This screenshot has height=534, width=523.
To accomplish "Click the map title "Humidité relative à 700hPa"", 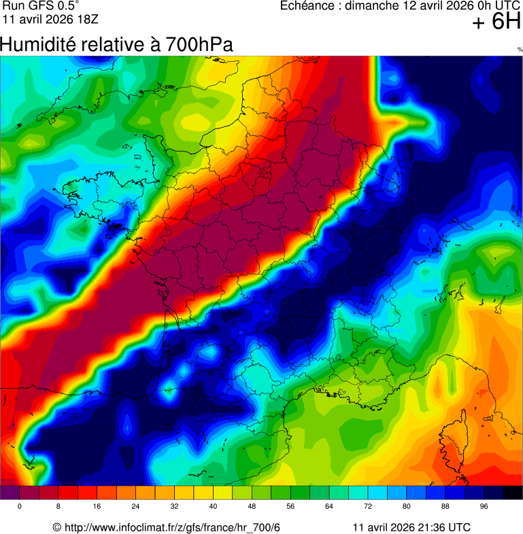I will [116, 45].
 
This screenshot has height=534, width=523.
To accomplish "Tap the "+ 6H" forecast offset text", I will [496, 22].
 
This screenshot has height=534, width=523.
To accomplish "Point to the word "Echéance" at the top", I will [309, 6].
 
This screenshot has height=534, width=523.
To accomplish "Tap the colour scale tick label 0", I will [19, 507].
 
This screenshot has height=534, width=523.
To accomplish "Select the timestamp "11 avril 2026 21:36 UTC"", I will [411, 528].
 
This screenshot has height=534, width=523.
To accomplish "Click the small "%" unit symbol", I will [520, 50].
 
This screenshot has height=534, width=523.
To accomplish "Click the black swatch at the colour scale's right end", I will [512, 493].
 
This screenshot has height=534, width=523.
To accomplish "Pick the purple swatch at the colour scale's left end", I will [10, 493].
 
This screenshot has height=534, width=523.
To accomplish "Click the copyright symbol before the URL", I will [57, 528].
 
